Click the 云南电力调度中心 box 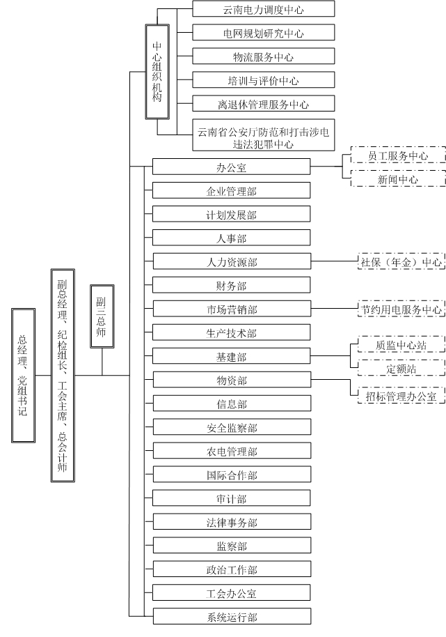263,9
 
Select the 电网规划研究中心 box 263,33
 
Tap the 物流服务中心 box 263,56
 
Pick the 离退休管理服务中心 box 263,105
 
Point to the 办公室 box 231,167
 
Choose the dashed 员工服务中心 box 398,155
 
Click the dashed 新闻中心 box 398,179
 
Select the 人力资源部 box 231,262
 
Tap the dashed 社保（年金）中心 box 401,262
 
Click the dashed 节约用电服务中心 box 401,309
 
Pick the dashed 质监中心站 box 401,346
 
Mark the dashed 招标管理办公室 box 401,396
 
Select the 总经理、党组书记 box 22,374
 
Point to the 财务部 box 231,286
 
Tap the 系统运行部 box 231,617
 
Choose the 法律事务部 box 231,523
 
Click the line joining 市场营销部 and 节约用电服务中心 333,309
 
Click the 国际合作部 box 231,475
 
